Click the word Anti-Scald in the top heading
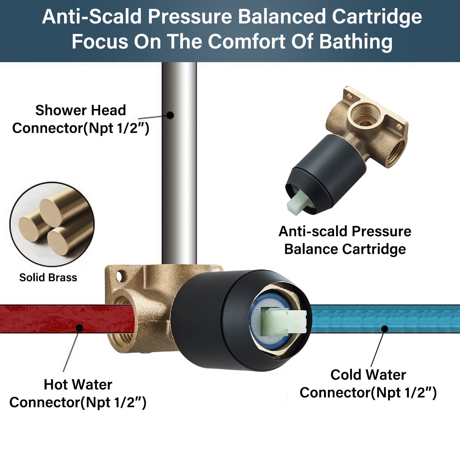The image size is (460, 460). (92, 17)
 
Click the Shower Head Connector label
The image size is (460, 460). (80, 119)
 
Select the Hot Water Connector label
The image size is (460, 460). (78, 393)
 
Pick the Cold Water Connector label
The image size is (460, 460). (368, 384)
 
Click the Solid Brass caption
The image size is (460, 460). (48, 277)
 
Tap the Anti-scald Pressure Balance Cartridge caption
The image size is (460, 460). (345, 240)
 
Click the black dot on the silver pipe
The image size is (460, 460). (170, 115)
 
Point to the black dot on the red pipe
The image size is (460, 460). (80, 327)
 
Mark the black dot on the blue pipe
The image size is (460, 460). (385, 328)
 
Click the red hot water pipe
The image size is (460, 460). (43, 319)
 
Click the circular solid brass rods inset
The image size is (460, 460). (52, 224)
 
